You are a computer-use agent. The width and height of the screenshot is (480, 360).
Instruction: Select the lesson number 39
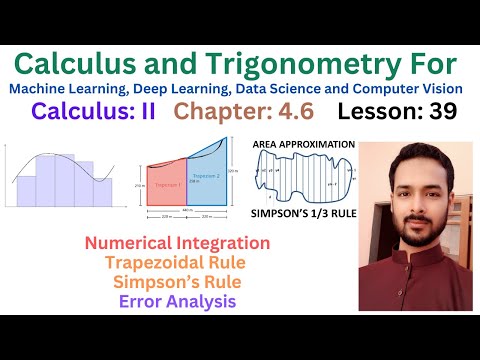coord(436,111)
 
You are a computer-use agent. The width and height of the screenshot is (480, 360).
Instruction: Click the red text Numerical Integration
coord(177,243)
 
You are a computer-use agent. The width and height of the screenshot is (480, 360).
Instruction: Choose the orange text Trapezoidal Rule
coord(177,263)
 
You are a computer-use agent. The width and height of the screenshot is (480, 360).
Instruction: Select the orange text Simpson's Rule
coord(177,282)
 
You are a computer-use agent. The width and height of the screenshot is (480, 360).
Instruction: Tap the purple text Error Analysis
coord(177,301)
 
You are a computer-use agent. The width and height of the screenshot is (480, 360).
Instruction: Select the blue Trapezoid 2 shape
coord(203,180)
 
